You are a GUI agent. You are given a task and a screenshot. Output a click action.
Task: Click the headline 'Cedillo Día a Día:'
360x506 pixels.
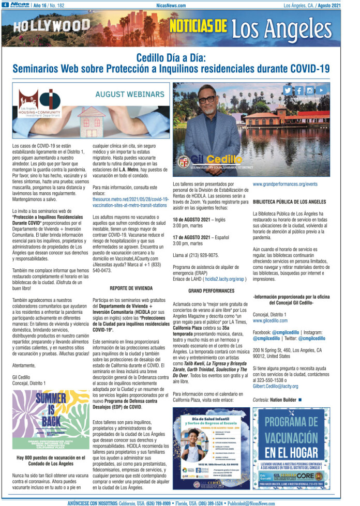coord(171,58)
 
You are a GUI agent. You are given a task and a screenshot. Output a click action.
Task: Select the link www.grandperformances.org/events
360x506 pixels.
coord(285,184)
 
